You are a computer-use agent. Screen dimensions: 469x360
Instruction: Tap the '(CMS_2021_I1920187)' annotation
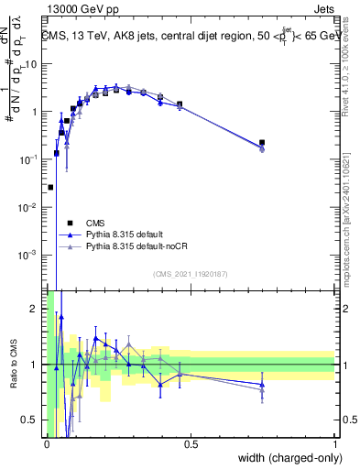click(x=191, y=274)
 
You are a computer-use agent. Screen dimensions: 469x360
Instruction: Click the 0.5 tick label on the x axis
click(x=191, y=444)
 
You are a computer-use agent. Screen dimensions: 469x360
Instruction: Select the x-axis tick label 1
click(x=334, y=444)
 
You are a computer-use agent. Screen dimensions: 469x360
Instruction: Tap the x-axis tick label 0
click(x=47, y=444)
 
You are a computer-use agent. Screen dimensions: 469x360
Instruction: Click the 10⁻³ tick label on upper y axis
click(x=30, y=255)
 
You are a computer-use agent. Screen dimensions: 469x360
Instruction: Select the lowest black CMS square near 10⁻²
click(x=50, y=187)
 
